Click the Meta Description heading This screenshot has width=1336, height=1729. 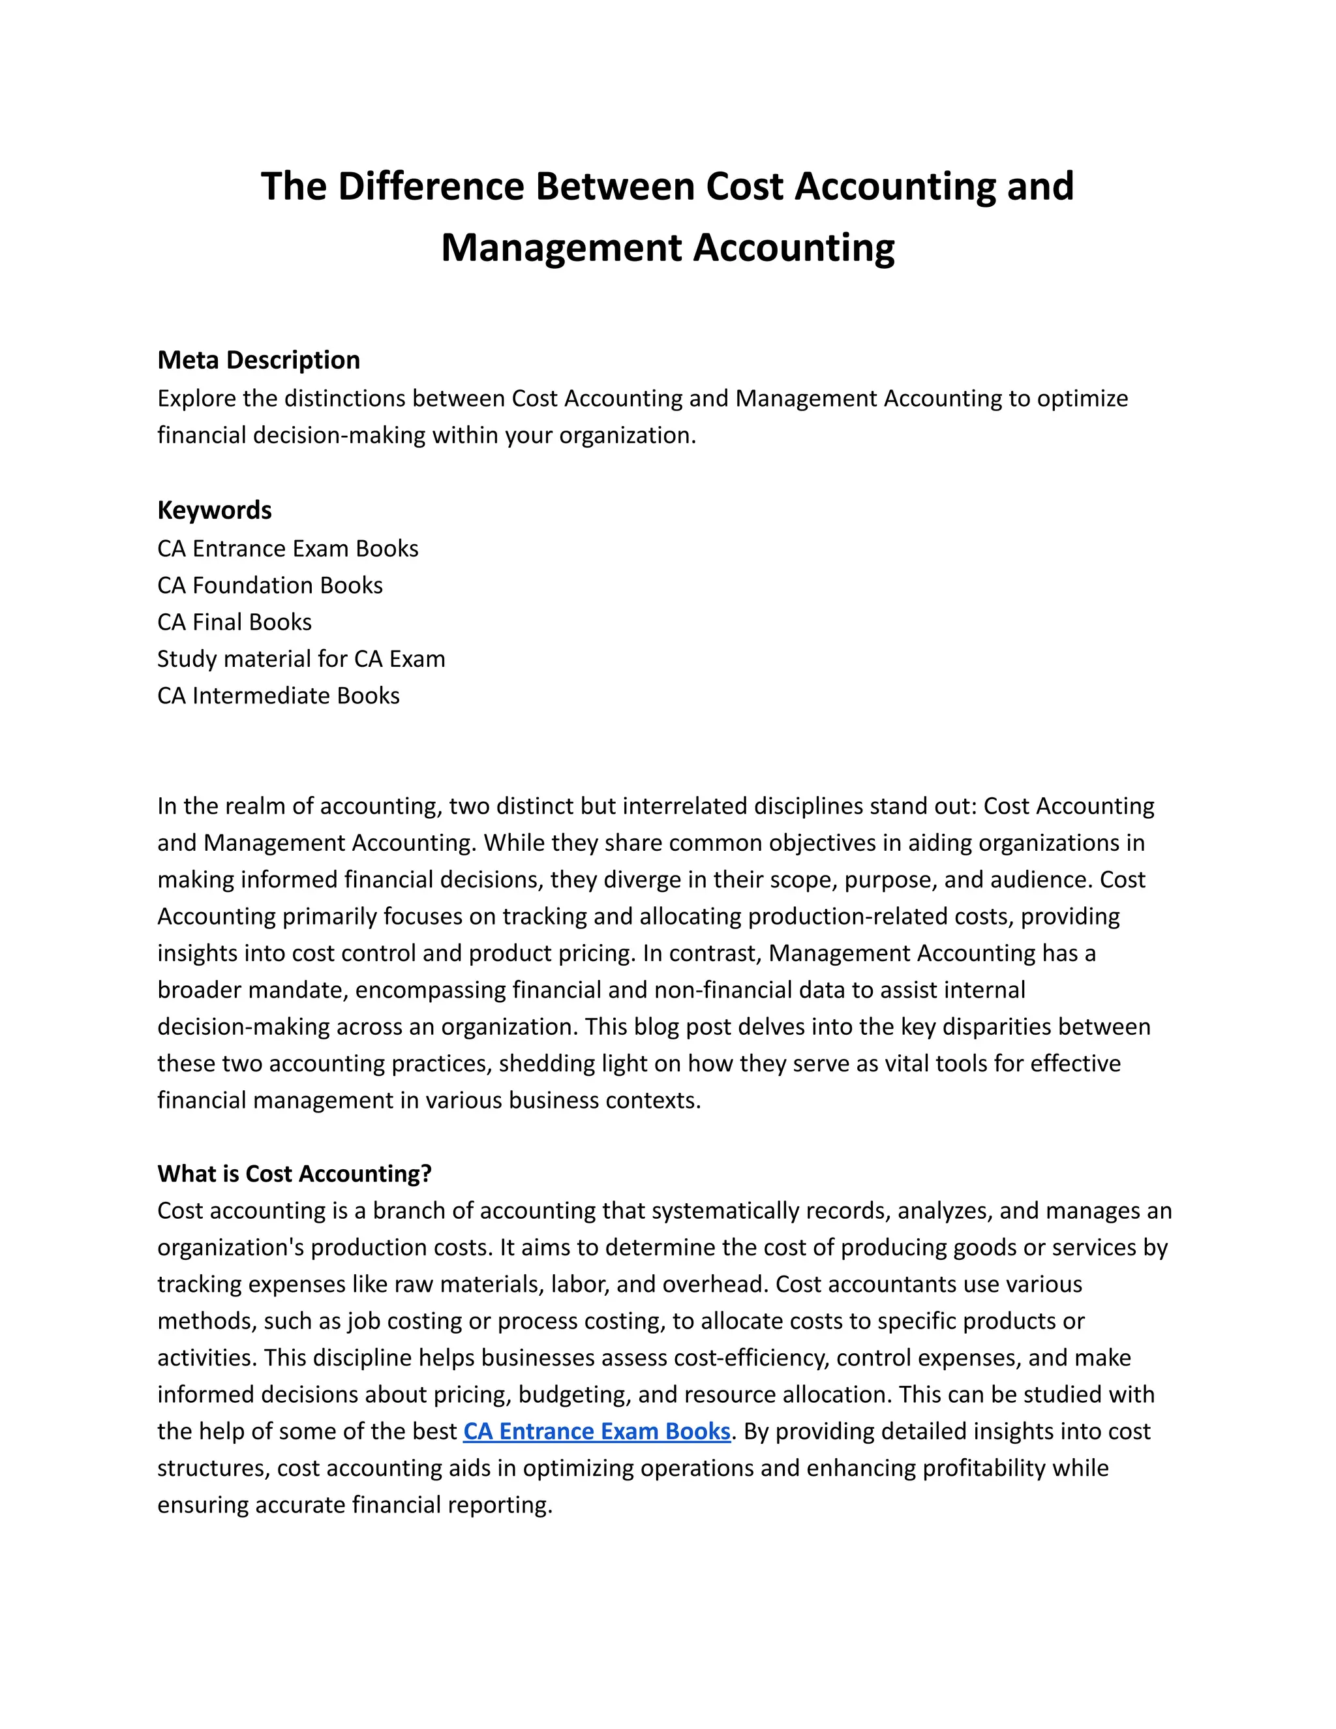click(259, 360)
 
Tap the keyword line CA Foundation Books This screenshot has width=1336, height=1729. click(270, 585)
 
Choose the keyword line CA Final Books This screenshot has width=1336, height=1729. click(234, 622)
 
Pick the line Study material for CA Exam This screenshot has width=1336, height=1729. click(301, 659)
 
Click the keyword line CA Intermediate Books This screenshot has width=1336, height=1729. click(279, 696)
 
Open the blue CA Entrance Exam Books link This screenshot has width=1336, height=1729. click(596, 1431)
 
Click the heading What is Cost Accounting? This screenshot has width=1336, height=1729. click(294, 1174)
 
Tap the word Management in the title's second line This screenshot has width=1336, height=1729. click(561, 248)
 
